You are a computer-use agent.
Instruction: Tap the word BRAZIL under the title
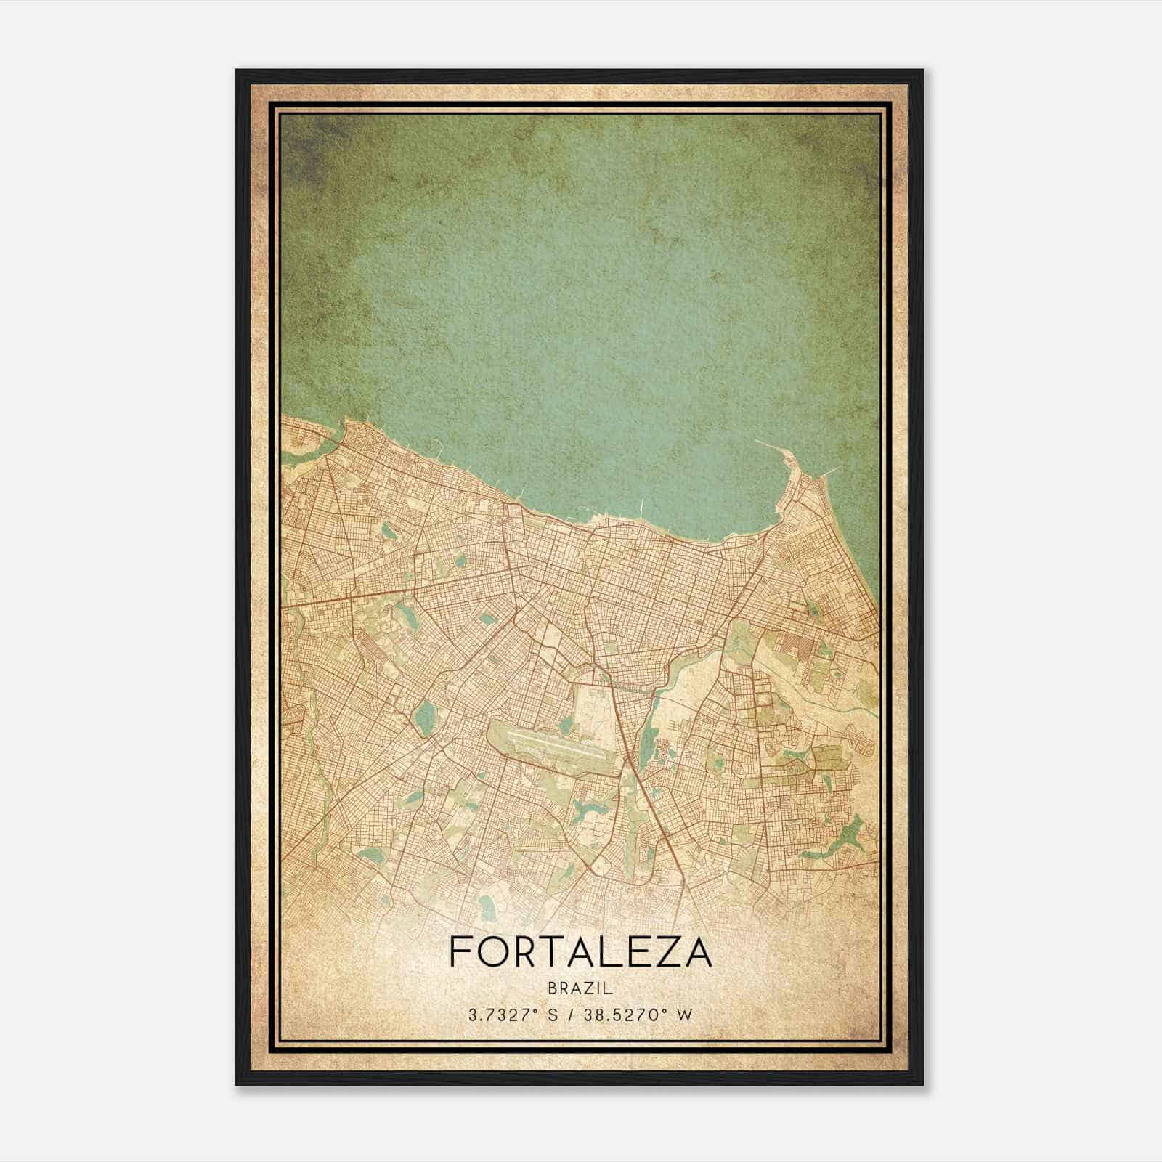[581, 988]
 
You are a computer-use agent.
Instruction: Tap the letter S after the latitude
[553, 1015]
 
